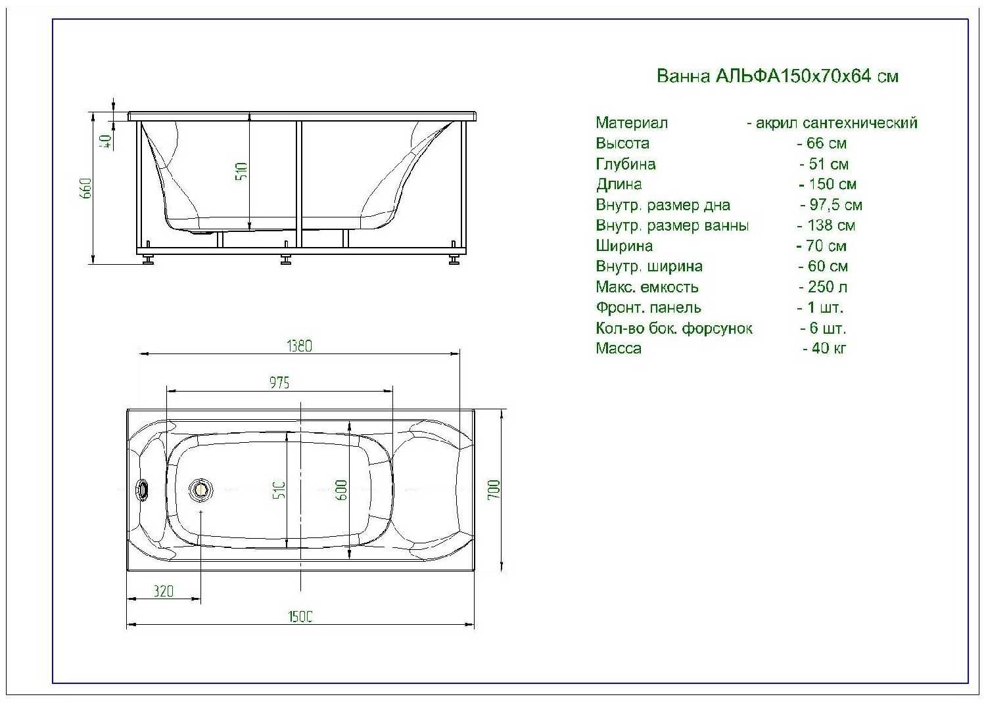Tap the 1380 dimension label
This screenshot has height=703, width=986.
point(299,346)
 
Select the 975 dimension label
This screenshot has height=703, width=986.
point(279,383)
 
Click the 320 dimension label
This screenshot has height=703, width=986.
point(163,591)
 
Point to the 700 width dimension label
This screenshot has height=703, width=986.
point(494,489)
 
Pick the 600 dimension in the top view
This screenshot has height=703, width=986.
point(342,490)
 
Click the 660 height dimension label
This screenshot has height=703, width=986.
point(86,189)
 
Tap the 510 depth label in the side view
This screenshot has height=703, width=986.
point(242,171)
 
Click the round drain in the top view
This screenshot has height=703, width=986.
point(200,489)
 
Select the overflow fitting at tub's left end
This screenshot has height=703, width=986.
point(143,490)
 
